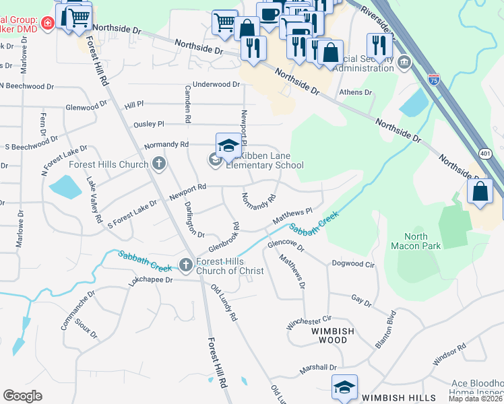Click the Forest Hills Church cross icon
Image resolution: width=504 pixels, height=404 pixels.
pos(158,164)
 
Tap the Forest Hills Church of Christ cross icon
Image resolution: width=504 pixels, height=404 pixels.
pos(187,263)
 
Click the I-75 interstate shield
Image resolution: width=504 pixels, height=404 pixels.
pos(433,79)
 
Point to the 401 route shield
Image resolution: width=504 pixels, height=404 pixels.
pos(485,154)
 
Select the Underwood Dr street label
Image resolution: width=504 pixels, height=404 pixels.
pos(216,84)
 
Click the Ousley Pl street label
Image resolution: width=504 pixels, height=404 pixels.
pos(149,124)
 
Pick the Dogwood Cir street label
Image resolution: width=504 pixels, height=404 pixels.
pos(352,264)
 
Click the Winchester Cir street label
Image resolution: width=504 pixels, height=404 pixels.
pos(309,321)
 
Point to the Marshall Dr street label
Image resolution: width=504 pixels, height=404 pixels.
pos(319,367)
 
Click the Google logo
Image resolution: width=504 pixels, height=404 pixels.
pos(22,396)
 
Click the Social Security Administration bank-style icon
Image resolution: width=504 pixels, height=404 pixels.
pos(404,63)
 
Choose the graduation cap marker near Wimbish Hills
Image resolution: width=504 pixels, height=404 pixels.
pos(344,387)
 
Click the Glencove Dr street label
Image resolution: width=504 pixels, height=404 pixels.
pos(286,245)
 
